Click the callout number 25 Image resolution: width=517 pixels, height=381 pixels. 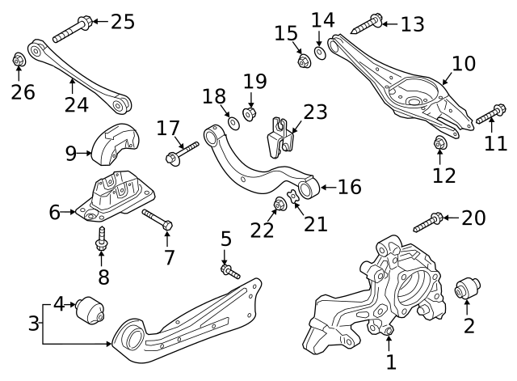click(x=123, y=21)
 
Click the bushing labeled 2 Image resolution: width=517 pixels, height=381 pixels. click(x=468, y=287)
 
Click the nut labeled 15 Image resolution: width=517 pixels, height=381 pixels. click(x=304, y=61)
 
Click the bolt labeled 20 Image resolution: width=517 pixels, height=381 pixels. click(x=428, y=220)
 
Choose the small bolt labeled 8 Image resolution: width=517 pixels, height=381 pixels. click(x=102, y=237)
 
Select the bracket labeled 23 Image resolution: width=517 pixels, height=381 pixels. click(x=280, y=136)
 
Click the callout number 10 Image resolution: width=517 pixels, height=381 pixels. click(x=463, y=64)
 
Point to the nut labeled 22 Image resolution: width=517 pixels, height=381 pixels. click(x=282, y=204)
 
